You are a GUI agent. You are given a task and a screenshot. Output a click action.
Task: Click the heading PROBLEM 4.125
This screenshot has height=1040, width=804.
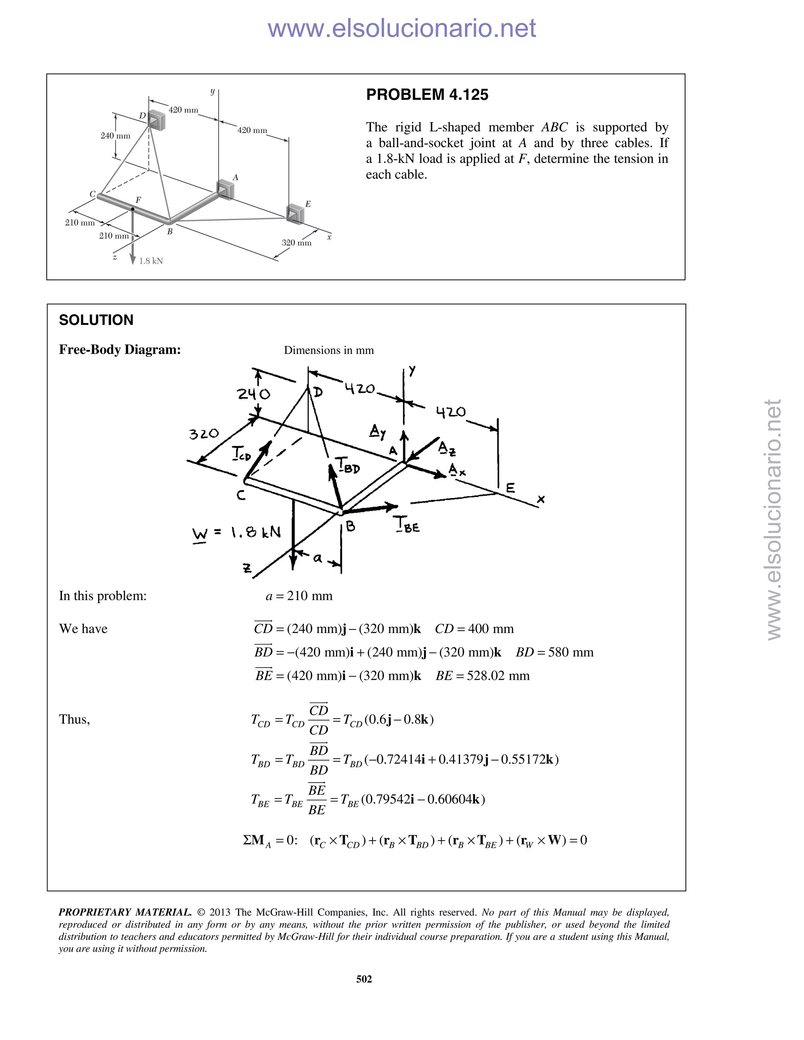(x=427, y=95)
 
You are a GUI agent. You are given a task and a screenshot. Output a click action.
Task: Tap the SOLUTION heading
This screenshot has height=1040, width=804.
(x=96, y=320)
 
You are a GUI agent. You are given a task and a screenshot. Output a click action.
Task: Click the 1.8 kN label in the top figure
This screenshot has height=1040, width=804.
(x=151, y=261)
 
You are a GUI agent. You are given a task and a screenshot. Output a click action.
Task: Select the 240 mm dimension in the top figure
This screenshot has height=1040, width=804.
(x=115, y=136)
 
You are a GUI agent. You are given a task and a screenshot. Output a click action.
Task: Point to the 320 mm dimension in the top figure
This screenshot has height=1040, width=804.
(x=296, y=243)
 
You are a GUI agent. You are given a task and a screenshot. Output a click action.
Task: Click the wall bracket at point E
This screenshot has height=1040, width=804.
(x=295, y=213)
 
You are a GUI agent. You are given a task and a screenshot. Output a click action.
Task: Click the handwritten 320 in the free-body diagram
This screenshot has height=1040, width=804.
(x=204, y=434)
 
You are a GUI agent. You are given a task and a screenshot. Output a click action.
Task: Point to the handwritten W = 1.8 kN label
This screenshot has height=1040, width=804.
(x=236, y=533)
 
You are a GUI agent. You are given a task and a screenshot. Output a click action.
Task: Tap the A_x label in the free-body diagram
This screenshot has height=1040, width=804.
(x=457, y=471)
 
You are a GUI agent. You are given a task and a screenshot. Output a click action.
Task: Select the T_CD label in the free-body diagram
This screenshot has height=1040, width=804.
(x=241, y=453)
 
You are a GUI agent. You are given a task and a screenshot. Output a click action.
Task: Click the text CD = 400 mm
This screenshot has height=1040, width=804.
(x=474, y=629)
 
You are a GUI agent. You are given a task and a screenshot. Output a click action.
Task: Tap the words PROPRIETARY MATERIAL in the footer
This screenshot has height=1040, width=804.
(x=125, y=912)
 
